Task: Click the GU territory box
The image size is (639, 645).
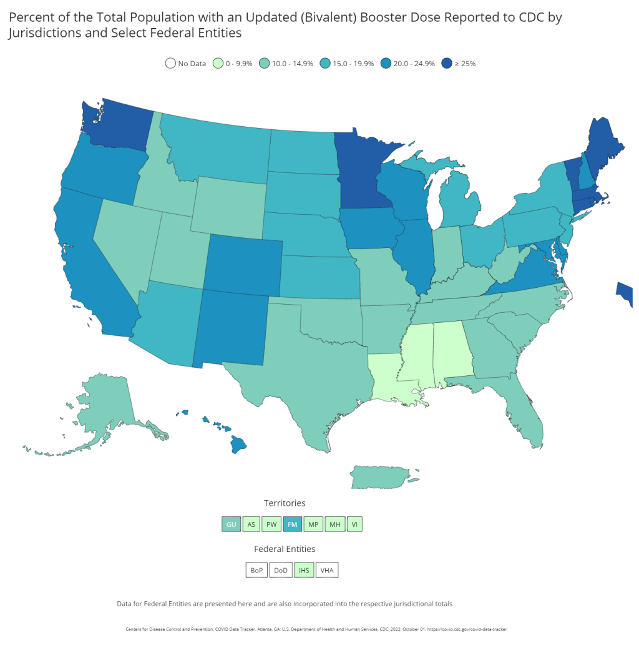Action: pyautogui.click(x=231, y=524)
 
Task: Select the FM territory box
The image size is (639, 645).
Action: pyautogui.click(x=292, y=524)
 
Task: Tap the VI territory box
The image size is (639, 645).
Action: pyautogui.click(x=354, y=524)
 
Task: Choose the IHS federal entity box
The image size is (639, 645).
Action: pyautogui.click(x=304, y=570)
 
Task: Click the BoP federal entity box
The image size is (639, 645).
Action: pyautogui.click(x=256, y=570)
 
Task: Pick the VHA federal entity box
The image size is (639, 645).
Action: pyautogui.click(x=327, y=570)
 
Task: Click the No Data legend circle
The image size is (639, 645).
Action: pyautogui.click(x=170, y=63)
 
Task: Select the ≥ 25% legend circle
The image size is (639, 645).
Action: pyautogui.click(x=447, y=63)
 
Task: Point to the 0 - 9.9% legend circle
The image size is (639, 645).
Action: pyautogui.click(x=218, y=63)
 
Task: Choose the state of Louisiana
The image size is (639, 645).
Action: pyautogui.click(x=390, y=381)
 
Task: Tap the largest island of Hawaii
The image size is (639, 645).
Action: pyautogui.click(x=238, y=445)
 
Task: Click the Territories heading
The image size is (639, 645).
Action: pyautogui.click(x=285, y=503)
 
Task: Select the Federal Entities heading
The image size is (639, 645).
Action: pyautogui.click(x=285, y=549)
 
